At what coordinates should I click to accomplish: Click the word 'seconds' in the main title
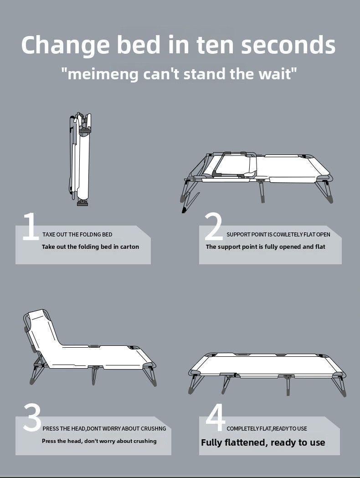pyautogui.click(x=288, y=45)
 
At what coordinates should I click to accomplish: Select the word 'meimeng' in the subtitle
pyautogui.click(x=103, y=75)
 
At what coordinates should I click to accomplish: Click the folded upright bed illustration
pyautogui.click(x=80, y=159)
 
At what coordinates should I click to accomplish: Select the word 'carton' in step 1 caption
pyautogui.click(x=129, y=247)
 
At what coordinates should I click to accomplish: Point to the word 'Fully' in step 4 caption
pyautogui.click(x=211, y=442)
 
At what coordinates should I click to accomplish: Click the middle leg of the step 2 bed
pyautogui.click(x=261, y=191)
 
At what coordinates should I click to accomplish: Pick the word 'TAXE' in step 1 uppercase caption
pyautogui.click(x=49, y=234)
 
